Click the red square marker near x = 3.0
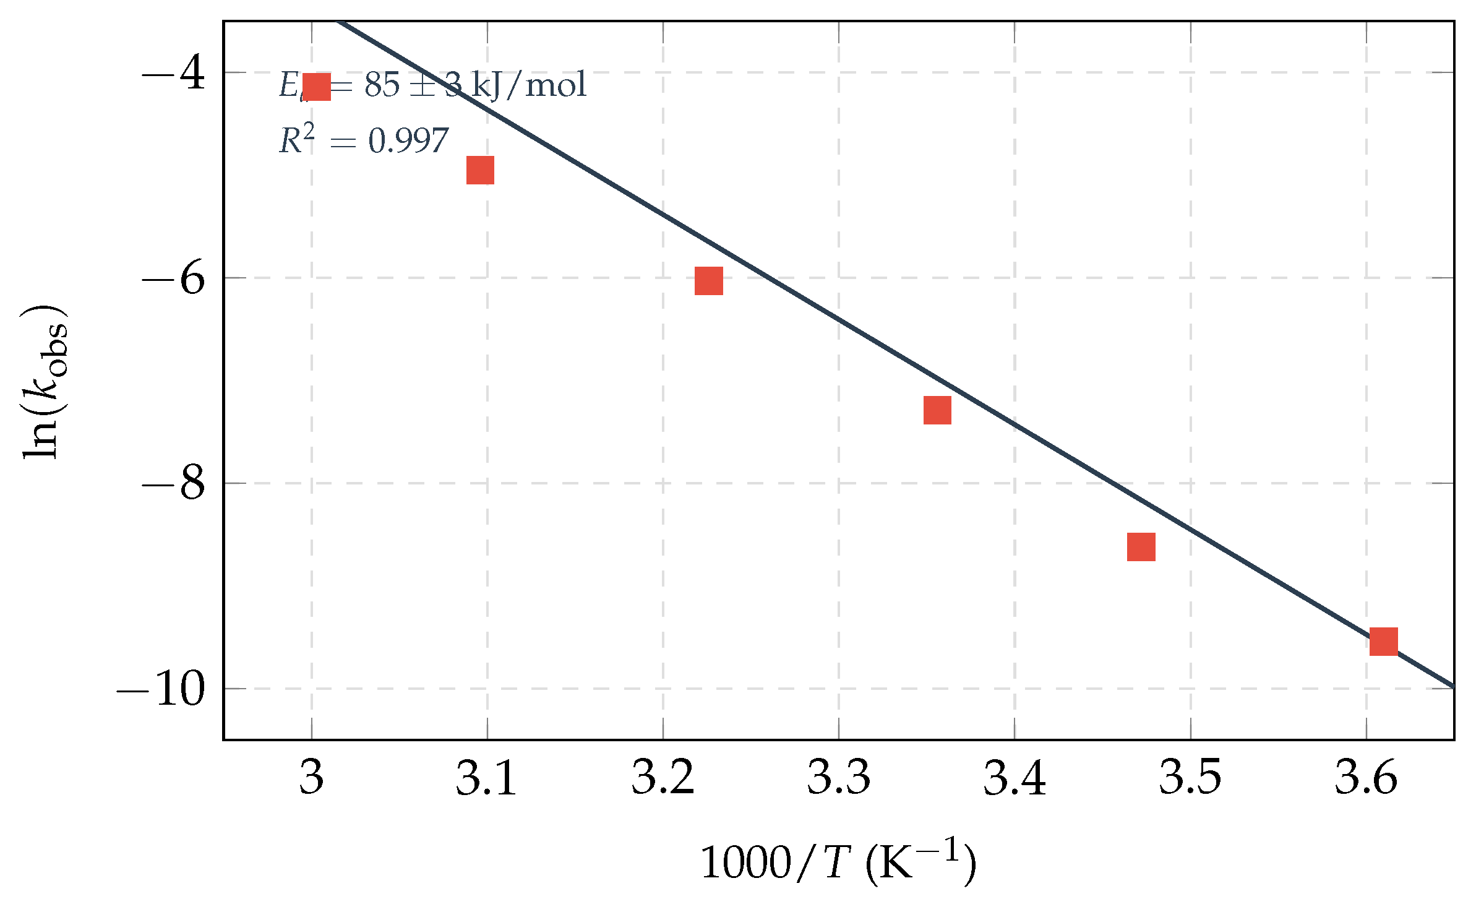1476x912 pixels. (x=317, y=87)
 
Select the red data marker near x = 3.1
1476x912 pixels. (x=480, y=170)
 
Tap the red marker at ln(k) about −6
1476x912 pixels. (x=708, y=281)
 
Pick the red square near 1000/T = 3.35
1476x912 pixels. (x=937, y=410)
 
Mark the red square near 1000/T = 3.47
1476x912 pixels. (x=1141, y=547)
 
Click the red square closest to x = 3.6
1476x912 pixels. (x=1383, y=642)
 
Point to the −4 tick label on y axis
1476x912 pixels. (x=174, y=73)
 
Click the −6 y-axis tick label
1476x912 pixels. (x=174, y=278)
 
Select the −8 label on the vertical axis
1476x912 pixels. (x=174, y=483)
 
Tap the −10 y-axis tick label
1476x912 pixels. (x=161, y=689)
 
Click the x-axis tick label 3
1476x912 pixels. (x=311, y=777)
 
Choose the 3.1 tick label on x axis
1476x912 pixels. (x=486, y=777)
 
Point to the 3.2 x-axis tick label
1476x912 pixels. (x=663, y=777)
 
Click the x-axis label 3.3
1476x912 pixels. (x=838, y=777)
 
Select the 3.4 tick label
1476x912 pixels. (x=1015, y=777)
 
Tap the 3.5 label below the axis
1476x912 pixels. (x=1190, y=777)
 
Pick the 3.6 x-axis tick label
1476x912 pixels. (x=1366, y=777)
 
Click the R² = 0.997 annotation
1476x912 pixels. (x=364, y=140)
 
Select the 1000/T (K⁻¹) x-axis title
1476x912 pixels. (x=838, y=863)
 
